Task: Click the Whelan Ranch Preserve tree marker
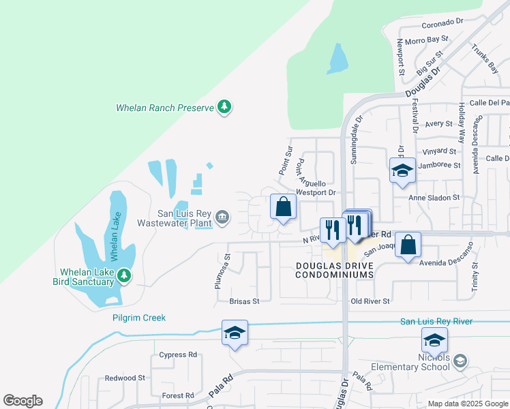[x=224, y=107]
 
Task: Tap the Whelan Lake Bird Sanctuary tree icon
[x=123, y=275]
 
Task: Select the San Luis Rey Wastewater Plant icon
[x=222, y=217]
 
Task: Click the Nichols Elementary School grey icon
[x=461, y=360]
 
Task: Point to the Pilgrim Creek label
[x=139, y=318]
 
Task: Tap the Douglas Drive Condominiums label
[x=335, y=269]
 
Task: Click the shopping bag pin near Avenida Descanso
[x=407, y=245]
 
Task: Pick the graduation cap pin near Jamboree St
[x=402, y=170]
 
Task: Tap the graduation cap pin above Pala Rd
[x=234, y=333]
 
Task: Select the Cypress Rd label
[x=177, y=354]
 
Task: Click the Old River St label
[x=370, y=301]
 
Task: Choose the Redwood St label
[x=125, y=378]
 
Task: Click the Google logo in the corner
[x=22, y=401]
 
